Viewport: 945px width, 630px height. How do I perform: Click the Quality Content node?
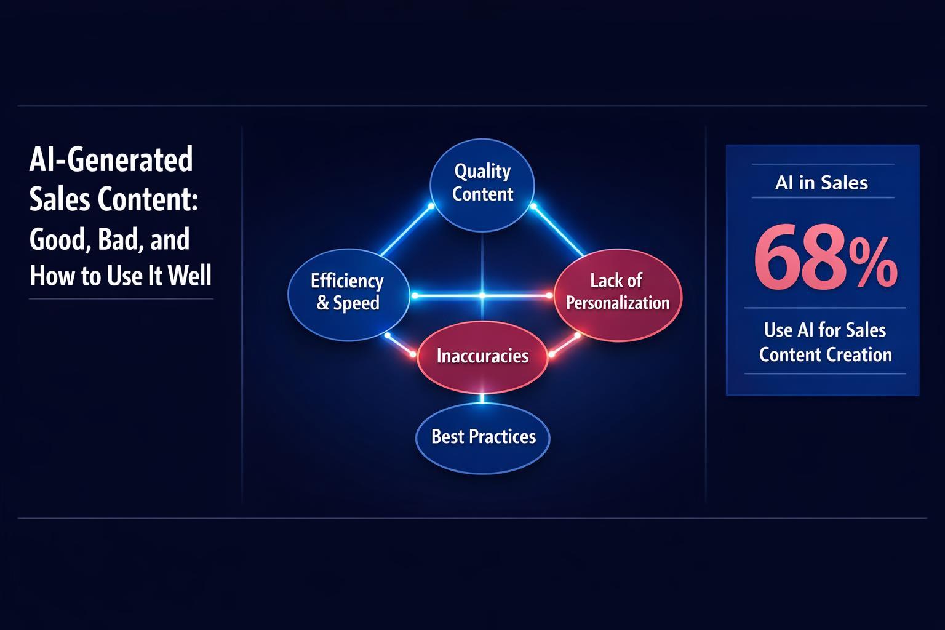482,184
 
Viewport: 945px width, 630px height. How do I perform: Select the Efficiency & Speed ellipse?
348,293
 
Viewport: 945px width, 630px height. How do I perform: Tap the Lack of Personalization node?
618,292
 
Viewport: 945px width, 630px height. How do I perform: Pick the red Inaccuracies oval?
482,356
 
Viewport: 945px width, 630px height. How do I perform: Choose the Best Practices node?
483,437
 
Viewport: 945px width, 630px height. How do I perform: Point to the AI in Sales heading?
822,183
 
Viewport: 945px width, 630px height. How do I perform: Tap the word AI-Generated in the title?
111,160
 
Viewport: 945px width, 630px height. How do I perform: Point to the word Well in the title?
189,276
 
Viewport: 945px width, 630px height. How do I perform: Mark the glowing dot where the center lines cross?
482,296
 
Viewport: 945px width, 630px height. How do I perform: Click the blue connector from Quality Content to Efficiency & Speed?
405,231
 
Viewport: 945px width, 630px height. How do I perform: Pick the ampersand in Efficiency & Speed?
323,304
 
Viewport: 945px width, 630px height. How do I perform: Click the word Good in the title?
59,239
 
